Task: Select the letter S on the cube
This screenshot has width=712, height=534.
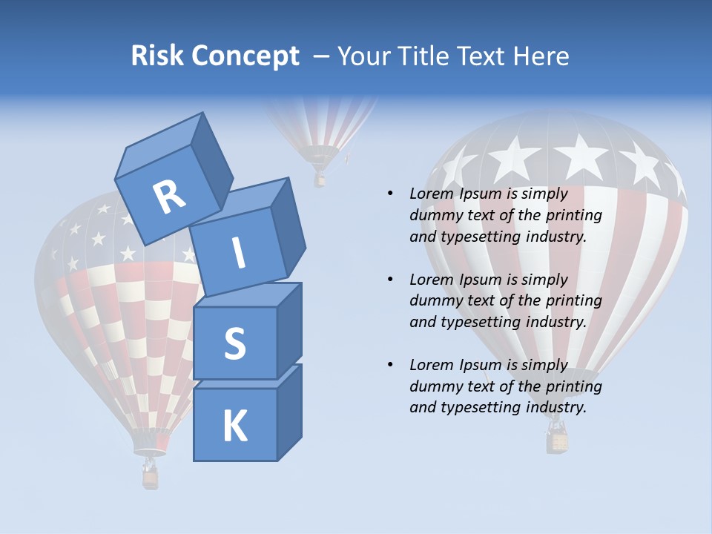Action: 234,343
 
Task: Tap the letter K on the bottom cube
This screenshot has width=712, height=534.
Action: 234,426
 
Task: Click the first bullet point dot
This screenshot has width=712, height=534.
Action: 390,194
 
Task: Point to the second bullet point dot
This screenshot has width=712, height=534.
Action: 390,280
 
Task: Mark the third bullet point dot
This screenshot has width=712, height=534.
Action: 390,365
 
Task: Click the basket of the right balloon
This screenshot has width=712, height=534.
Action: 558,438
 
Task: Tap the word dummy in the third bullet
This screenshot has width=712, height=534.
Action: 435,386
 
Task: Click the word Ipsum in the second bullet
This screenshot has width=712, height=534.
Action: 479,280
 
